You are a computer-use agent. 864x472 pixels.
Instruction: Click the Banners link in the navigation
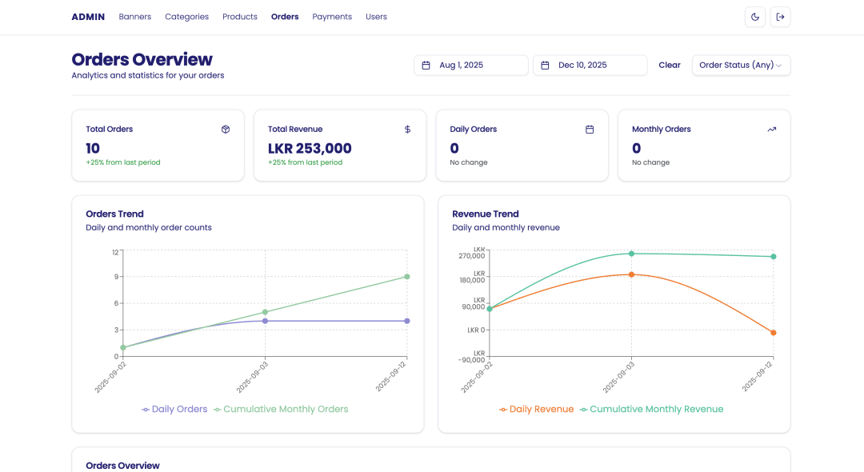135,17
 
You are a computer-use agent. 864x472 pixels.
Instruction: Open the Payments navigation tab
332,17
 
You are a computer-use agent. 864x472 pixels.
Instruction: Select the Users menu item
376,17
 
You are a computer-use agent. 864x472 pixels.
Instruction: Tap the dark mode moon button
755,17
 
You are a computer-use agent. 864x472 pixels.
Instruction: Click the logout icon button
780,17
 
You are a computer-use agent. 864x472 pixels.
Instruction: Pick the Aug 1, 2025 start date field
471,65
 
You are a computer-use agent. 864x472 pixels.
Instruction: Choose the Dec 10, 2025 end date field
590,65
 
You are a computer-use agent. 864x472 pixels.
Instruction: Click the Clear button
670,65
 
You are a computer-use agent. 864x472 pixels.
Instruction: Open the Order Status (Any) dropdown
741,65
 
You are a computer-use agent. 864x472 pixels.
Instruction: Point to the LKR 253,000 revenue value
310,148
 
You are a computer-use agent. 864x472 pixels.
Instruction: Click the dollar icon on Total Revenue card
408,130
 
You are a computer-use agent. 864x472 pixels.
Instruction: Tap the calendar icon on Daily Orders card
590,130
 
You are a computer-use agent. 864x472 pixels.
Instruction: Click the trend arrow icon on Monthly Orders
772,130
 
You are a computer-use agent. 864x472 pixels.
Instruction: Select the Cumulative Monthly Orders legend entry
281,410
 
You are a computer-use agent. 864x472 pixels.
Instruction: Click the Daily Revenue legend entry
536,410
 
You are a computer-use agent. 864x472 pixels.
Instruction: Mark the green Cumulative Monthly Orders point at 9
407,277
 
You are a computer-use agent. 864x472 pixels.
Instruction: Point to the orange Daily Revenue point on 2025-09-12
774,333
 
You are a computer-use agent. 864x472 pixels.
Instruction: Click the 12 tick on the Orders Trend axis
115,252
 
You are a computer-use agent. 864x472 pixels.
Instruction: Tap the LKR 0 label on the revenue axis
476,330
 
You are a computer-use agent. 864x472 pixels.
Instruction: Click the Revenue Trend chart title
486,214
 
